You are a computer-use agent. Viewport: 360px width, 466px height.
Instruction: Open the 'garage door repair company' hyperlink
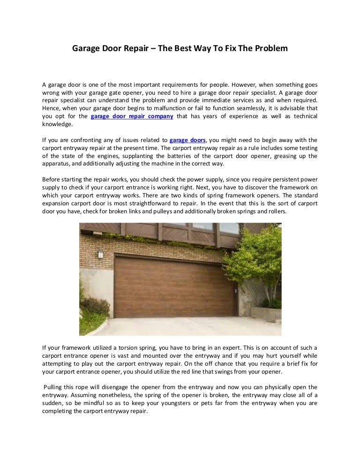pyautogui.click(x=132, y=116)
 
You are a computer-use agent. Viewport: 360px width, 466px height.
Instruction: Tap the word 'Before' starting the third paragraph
pyautogui.click(x=52, y=180)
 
